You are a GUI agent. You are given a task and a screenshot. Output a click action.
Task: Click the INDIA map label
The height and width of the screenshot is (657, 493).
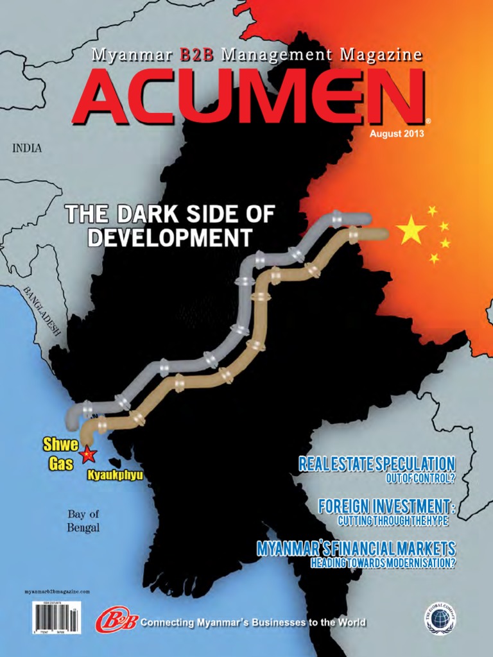[26, 148]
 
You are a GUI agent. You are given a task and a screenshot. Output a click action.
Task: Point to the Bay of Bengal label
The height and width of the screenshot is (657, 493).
[83, 521]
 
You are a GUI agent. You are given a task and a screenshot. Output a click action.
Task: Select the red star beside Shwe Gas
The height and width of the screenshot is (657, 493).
[87, 455]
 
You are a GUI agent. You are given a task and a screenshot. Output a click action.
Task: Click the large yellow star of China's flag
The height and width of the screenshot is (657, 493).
[411, 230]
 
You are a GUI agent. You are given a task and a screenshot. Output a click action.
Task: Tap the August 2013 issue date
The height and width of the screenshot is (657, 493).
[397, 134]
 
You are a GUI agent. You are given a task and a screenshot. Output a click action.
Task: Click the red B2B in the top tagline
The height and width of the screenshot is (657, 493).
[198, 55]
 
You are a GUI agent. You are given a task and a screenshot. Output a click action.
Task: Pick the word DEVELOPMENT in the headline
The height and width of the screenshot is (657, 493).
[169, 237]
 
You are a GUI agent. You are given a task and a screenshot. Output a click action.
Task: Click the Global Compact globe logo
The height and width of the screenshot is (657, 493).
[441, 619]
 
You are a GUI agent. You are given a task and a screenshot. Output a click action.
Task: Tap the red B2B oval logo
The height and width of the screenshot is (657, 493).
[116, 622]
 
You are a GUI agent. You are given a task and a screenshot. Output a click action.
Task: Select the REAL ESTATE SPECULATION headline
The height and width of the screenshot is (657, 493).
[377, 464]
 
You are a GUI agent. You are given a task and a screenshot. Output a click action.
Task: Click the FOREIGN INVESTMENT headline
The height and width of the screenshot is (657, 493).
[386, 507]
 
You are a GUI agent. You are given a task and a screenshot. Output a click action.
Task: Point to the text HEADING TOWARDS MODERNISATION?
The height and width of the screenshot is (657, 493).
[383, 563]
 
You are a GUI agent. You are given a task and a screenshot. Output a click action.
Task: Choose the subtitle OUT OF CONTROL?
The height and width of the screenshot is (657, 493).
[420, 478]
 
